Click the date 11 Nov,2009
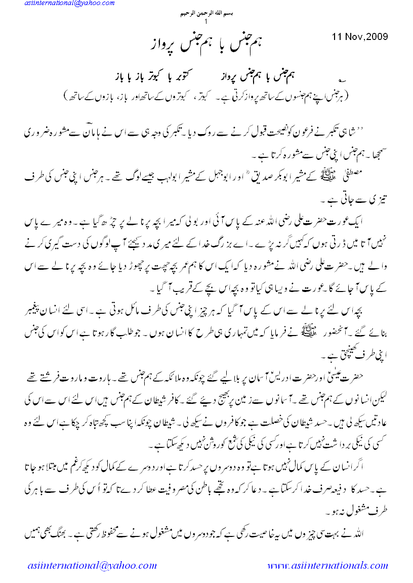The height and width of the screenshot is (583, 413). [359, 36]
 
